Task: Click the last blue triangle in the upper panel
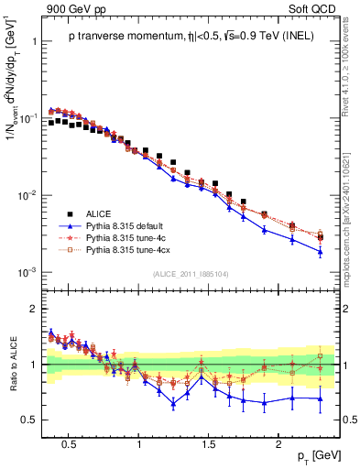click(x=320, y=252)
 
